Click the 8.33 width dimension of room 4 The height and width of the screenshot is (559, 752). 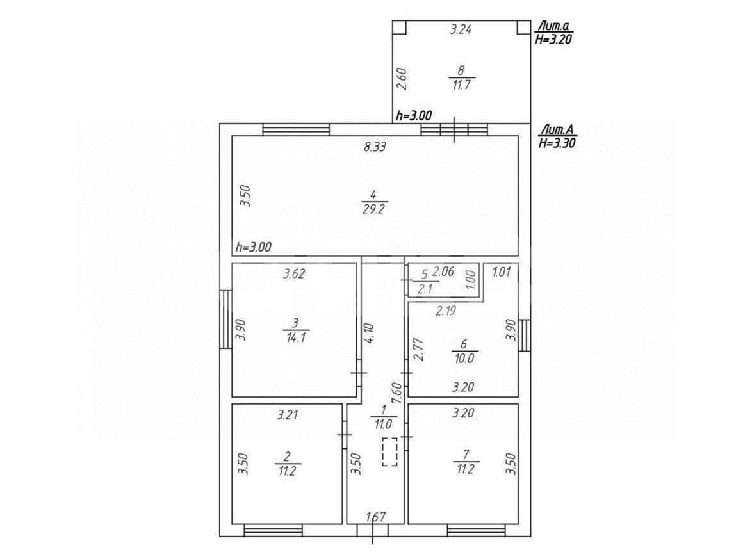pyautogui.click(x=375, y=147)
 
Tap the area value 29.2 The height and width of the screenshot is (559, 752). pyautogui.click(x=373, y=209)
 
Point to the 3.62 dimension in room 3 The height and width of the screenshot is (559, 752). pyautogui.click(x=293, y=274)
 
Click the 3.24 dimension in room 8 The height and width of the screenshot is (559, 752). pyautogui.click(x=461, y=29)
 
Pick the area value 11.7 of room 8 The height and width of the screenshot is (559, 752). pyautogui.click(x=461, y=86)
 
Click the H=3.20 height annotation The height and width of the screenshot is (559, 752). pyautogui.click(x=553, y=40)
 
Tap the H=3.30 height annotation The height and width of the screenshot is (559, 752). pyautogui.click(x=557, y=142)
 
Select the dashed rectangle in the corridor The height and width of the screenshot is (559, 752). pyautogui.click(x=389, y=452)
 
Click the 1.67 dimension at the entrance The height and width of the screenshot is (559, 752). pyautogui.click(x=377, y=517)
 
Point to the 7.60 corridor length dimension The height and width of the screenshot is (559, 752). pyautogui.click(x=396, y=394)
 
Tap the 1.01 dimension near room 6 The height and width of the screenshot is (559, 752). pyautogui.click(x=502, y=272)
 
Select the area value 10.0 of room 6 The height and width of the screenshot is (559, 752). pyautogui.click(x=464, y=358)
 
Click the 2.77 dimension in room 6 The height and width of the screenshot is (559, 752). pyautogui.click(x=418, y=350)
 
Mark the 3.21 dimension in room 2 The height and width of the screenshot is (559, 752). pyautogui.click(x=287, y=414)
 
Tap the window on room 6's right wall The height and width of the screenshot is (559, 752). pyautogui.click(x=525, y=335)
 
